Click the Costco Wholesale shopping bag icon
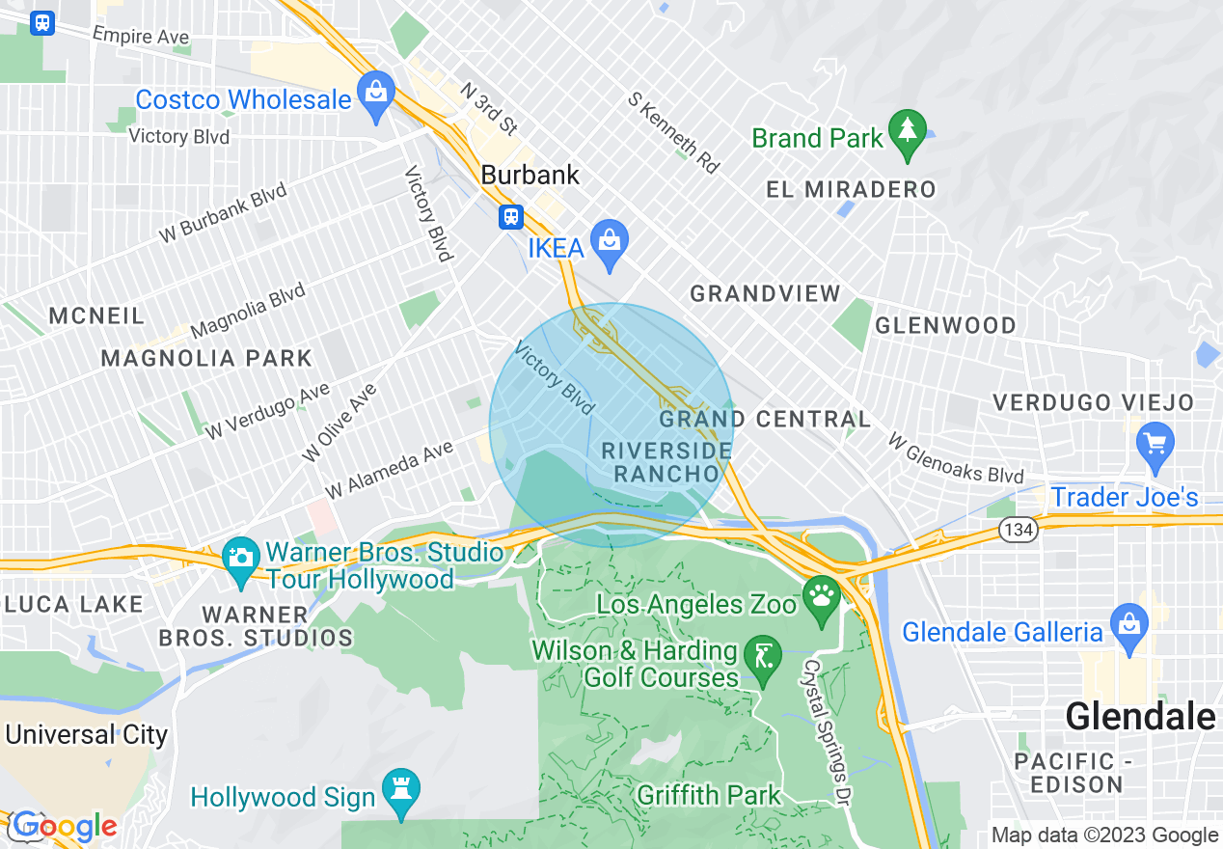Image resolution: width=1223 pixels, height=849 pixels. pos(376,93)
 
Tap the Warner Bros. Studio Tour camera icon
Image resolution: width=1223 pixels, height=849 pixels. pos(240,558)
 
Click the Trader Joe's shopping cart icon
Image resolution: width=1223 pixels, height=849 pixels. pos(1155,445)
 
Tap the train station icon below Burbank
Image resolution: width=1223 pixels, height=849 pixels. pos(510,217)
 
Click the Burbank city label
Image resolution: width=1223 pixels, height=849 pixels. pos(530,175)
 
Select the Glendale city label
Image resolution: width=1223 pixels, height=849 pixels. pos(1139,717)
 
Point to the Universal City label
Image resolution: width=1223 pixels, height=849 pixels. pos(87,734)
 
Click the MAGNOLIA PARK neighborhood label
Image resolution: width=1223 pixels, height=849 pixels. pos(206,358)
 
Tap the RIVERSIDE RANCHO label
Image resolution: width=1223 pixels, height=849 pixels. pos(666,462)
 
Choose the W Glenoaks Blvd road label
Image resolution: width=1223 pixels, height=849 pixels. pos(955,458)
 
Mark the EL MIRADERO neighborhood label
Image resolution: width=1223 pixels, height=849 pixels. pos(851,189)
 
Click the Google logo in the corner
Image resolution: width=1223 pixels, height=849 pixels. pos(64,826)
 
